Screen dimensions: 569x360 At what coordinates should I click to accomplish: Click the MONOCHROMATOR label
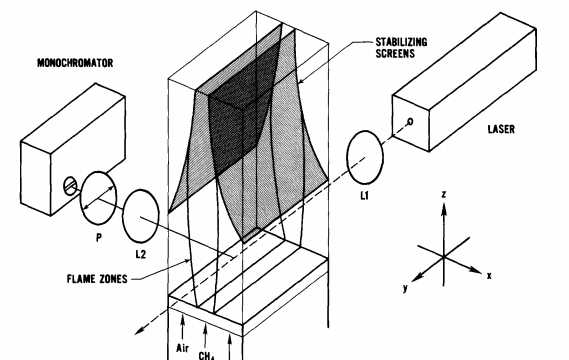pyautogui.click(x=75, y=63)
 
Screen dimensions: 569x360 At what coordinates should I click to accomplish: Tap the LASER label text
pyautogui.click(x=501, y=129)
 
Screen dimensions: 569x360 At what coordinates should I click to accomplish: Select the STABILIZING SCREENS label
pyautogui.click(x=401, y=48)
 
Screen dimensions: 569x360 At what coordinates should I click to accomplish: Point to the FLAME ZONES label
pyautogui.click(x=97, y=279)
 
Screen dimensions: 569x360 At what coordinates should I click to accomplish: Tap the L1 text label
pyautogui.click(x=364, y=196)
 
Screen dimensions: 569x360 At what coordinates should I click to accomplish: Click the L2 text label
pyautogui.click(x=140, y=254)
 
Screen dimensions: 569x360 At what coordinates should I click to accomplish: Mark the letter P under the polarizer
pyautogui.click(x=99, y=238)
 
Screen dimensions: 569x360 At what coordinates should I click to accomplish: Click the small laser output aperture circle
pyautogui.click(x=410, y=122)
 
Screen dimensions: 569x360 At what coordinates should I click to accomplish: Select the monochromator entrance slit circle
pyautogui.click(x=70, y=185)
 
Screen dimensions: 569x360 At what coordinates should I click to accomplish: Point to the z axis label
pyautogui.click(x=443, y=195)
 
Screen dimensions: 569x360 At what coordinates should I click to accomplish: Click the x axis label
pyautogui.click(x=489, y=276)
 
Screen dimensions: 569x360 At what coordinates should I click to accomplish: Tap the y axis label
pyautogui.click(x=406, y=289)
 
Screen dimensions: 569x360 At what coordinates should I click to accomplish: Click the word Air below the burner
pyautogui.click(x=183, y=348)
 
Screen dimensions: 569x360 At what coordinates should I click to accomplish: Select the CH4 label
pyautogui.click(x=207, y=356)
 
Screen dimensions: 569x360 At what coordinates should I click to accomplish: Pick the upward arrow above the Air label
pyautogui.click(x=182, y=327)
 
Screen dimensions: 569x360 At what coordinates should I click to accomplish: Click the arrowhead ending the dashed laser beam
pyautogui.click(x=138, y=330)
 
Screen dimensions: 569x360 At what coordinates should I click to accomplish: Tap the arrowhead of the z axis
pyautogui.click(x=443, y=209)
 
